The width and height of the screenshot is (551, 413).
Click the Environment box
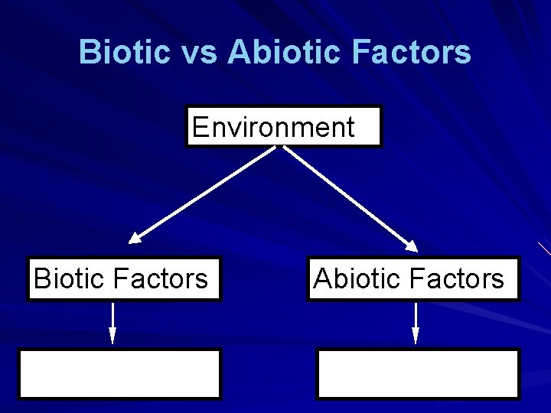click(x=283, y=126)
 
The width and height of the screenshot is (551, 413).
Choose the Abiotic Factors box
click(x=413, y=278)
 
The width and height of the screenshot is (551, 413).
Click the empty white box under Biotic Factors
click(x=120, y=374)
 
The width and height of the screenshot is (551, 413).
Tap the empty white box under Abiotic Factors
click(x=418, y=374)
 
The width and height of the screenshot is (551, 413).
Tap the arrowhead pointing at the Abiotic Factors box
click(x=411, y=246)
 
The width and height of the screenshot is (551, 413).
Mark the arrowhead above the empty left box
click(x=112, y=337)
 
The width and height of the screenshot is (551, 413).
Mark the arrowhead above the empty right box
click(x=416, y=337)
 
